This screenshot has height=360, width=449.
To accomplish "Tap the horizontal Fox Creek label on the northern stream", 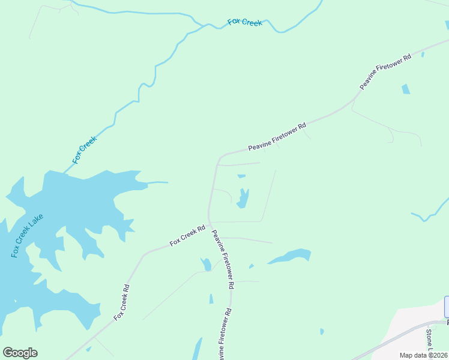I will pos(245,23).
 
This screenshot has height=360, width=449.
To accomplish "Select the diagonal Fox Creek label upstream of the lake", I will pos(85,150).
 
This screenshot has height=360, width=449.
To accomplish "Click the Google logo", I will pos(20,353).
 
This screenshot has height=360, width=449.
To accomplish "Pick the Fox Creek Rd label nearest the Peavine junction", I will pos(187,235).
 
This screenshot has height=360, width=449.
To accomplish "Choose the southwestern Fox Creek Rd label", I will pos(121,302).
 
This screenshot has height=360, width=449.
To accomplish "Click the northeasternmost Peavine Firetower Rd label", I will pos(385,72).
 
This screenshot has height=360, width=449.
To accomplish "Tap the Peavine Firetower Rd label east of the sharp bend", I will pos(277,137).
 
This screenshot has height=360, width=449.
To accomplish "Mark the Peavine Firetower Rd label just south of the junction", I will pos(222,260).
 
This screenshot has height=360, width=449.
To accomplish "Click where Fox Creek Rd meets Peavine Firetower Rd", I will pos(209,224).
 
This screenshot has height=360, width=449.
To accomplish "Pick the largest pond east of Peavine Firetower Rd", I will pos(291,256).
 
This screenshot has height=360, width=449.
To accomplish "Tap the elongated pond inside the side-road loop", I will pos(243,198).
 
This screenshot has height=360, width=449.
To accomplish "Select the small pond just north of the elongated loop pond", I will pos(241,176).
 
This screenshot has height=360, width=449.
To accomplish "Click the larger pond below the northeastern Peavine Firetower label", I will pos(406,89).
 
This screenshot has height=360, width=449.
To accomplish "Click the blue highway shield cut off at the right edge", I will pos(447,307).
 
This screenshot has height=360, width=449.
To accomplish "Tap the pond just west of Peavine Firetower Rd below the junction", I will pos(206,265).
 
